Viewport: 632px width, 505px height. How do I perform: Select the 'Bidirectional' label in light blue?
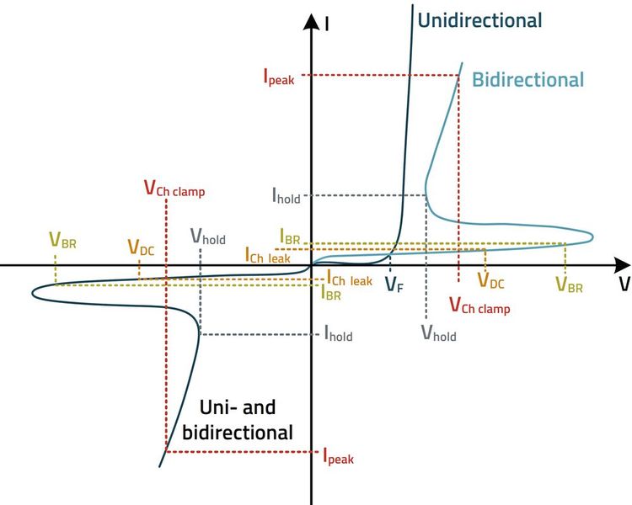click(x=528, y=80)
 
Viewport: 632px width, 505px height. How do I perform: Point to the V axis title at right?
click(x=624, y=285)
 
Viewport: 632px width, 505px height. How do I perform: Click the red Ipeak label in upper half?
click(x=279, y=77)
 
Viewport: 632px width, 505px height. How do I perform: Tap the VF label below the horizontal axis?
click(x=394, y=285)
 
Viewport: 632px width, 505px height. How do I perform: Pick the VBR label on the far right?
click(x=569, y=284)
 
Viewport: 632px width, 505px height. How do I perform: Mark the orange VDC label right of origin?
click(x=490, y=281)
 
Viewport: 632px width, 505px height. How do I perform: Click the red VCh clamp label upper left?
click(x=174, y=189)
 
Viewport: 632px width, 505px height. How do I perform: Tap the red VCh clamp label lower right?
click(x=479, y=306)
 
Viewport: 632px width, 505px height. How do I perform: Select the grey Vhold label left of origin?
click(x=207, y=237)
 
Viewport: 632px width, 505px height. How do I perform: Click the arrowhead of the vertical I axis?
click(x=312, y=19)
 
